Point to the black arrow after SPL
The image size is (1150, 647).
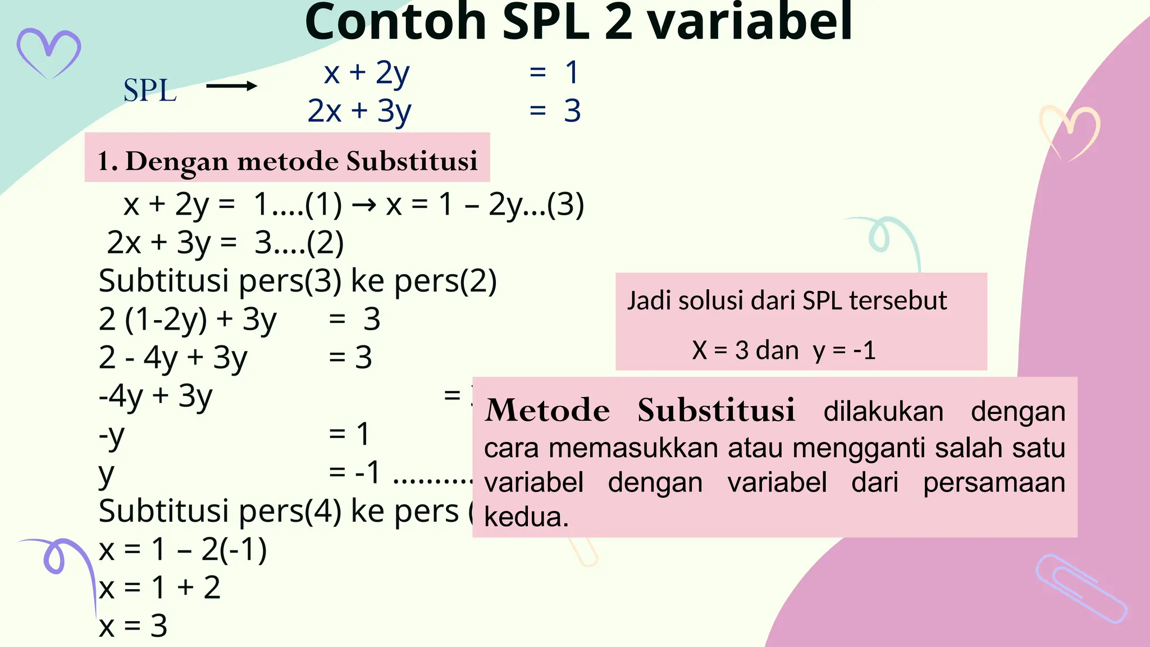coord(231,86)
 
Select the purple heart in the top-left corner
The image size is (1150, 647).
coord(49,52)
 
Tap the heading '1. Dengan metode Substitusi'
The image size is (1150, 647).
coord(287,161)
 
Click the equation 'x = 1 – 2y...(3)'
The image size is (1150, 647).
coord(485,204)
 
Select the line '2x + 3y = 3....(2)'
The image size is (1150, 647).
coord(225,243)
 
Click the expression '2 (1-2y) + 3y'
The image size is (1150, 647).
coord(188,319)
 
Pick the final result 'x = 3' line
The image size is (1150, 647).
coord(133,626)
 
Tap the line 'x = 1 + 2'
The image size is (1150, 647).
coord(159,587)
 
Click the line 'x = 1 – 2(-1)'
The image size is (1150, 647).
coord(182,549)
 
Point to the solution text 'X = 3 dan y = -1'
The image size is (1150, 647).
coord(783,350)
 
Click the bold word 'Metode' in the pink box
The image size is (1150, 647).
coord(547,410)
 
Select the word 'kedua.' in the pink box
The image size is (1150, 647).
coord(526,517)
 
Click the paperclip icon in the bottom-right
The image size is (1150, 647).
coord(1080,589)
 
